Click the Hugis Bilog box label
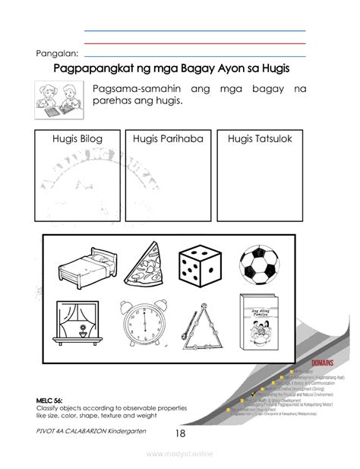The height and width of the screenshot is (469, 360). [x=72, y=138]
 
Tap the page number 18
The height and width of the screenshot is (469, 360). [x=180, y=433]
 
